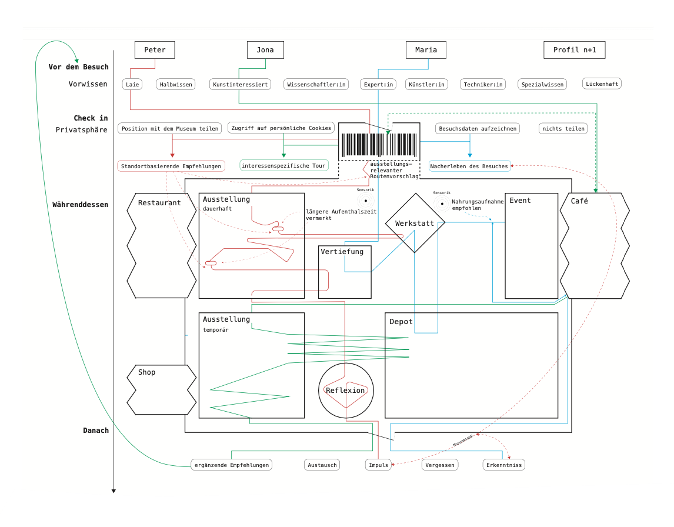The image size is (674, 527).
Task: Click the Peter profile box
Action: coord(155,50)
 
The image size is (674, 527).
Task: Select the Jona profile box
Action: coord(265,50)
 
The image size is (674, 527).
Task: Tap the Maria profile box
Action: coord(426,50)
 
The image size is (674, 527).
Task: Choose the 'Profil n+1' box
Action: coord(574,50)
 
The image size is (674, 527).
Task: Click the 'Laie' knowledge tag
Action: coord(132,85)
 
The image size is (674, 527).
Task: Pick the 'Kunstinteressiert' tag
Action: coord(241,85)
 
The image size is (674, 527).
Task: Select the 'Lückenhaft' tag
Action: coord(602,84)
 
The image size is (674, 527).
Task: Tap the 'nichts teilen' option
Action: coord(563,129)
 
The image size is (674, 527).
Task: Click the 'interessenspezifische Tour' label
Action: coord(283,166)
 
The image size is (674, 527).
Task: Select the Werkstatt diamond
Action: coord(415,224)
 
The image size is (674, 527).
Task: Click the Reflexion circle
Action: coord(345,391)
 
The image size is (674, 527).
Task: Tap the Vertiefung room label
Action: coord(342,252)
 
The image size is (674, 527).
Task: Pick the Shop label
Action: coord(146,372)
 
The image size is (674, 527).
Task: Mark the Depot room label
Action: coord(401,322)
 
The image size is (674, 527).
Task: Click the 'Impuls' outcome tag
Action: coord(378,465)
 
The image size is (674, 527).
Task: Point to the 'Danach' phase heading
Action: coord(95,431)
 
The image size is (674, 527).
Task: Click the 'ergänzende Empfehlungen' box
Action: coord(231,465)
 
